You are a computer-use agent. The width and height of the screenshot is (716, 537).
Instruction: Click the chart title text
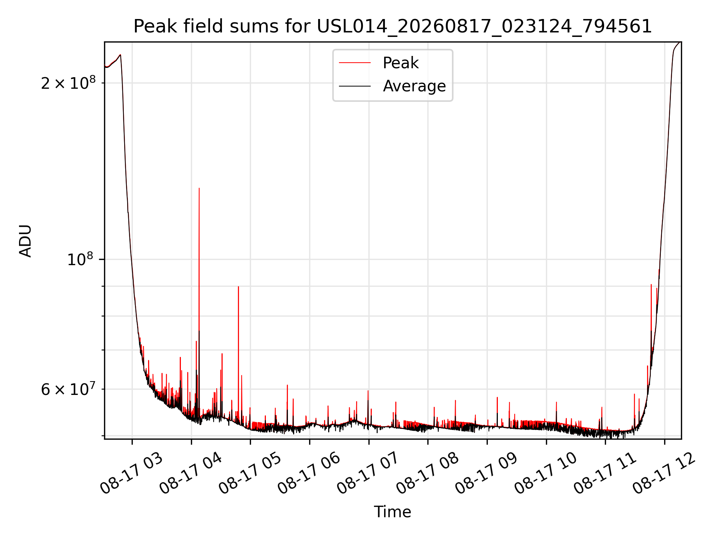pyautogui.click(x=393, y=26)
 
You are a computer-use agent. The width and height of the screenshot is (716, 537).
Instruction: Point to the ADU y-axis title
pyautogui.click(x=25, y=241)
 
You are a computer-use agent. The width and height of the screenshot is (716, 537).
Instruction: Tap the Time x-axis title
pyautogui.click(x=393, y=512)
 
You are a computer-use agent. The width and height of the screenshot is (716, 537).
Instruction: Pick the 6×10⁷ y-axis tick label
pyautogui.click(x=68, y=389)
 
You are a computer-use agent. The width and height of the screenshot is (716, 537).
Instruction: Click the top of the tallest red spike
pyautogui.click(x=199, y=188)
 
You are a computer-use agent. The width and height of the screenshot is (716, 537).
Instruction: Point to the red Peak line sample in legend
pyautogui.click(x=355, y=63)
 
